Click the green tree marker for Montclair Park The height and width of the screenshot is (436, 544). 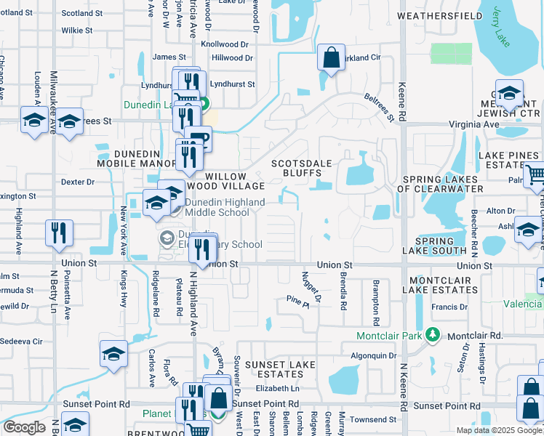click(433, 335)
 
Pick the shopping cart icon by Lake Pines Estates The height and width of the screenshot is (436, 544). click(535, 174)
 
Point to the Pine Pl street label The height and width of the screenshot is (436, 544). click(297, 299)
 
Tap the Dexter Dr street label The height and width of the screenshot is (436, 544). click(78, 182)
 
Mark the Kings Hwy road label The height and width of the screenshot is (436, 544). click(123, 288)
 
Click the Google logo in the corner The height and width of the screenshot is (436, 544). click(24, 427)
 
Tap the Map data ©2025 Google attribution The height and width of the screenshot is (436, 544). click(498, 430)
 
